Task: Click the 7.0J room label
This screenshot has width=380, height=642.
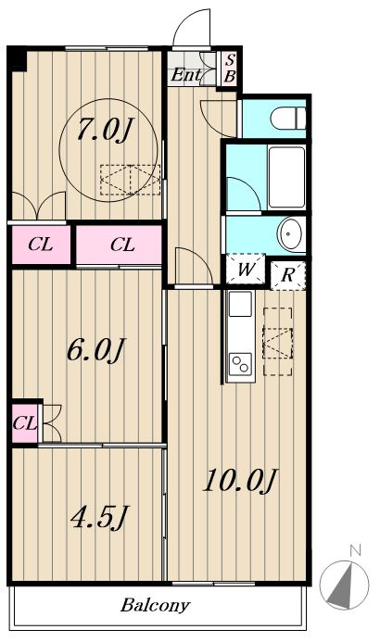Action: coord(106,129)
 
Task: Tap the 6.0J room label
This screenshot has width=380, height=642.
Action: coord(95,350)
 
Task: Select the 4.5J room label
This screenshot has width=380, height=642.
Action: coord(99,517)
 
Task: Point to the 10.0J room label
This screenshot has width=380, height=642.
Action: coord(241,480)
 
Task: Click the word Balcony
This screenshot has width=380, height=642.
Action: coord(155,605)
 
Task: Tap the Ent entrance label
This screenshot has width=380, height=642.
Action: coord(186,75)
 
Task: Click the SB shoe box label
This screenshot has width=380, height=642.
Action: coord(230,69)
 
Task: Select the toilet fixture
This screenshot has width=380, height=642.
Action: coord(288,119)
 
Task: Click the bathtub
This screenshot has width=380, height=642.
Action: coord(286,177)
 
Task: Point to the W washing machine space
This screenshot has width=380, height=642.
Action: coord(246,269)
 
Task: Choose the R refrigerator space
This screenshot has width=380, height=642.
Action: coord(288,275)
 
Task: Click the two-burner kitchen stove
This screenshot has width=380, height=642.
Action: coord(240,363)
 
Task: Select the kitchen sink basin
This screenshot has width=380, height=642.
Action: coord(240,304)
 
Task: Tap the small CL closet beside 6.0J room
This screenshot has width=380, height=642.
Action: coord(25,423)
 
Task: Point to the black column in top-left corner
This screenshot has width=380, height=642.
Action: coord(17,59)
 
